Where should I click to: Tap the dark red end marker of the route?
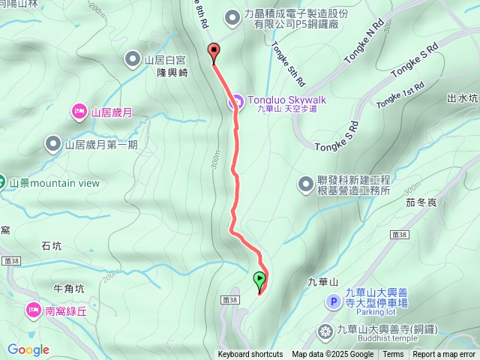pyautogui.click(x=213, y=52)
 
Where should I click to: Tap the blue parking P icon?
pyautogui.click(x=334, y=301)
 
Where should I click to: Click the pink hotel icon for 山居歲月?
pyautogui.click(x=79, y=112)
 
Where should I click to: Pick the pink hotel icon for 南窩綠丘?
pyautogui.click(x=33, y=309)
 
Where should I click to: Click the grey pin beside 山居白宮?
pyautogui.click(x=133, y=58)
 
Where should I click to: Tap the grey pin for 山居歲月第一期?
pyautogui.click(x=53, y=144)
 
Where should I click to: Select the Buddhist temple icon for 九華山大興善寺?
pyautogui.click(x=325, y=330)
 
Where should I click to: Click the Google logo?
pyautogui.click(x=28, y=349)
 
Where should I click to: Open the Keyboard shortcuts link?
pyautogui.click(x=250, y=355)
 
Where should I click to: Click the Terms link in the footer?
pyautogui.click(x=393, y=355)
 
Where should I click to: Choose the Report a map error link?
pyautogui.click(x=444, y=355)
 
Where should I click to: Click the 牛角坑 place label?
pyautogui.click(x=70, y=288)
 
